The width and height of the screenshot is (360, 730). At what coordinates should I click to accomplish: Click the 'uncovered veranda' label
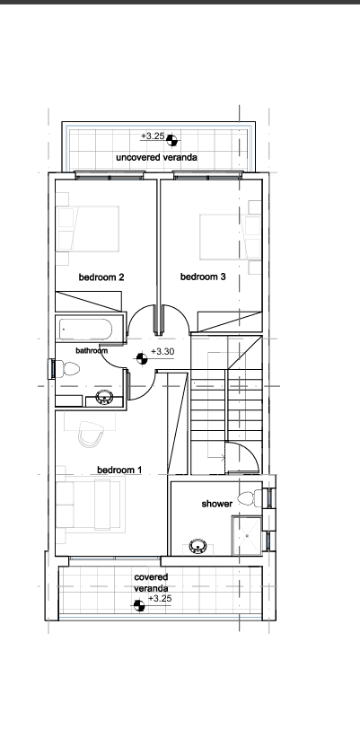click(156, 157)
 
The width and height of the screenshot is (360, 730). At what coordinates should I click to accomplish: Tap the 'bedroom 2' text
click(101, 277)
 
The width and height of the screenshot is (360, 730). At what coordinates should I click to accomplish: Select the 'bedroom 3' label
click(203, 277)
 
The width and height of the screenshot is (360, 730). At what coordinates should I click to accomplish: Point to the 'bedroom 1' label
click(119, 471)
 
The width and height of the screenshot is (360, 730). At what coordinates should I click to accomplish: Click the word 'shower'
click(217, 504)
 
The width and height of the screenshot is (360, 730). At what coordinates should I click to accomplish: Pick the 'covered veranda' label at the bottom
click(151, 583)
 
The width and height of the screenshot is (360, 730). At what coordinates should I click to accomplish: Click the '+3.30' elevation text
click(162, 351)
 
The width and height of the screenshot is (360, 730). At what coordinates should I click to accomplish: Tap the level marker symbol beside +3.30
click(142, 358)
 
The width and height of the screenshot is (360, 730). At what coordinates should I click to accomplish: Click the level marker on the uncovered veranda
click(171, 140)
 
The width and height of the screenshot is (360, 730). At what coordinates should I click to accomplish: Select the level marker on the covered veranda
click(139, 605)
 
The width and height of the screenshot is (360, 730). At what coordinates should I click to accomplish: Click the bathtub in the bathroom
click(85, 330)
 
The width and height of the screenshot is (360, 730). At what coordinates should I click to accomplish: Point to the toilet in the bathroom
click(68, 369)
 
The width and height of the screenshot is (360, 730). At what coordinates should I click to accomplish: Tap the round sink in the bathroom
click(104, 398)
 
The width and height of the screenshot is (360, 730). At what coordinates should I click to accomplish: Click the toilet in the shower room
click(250, 498)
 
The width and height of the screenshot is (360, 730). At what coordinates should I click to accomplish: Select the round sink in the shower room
click(198, 546)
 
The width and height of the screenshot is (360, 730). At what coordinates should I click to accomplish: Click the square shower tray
click(247, 536)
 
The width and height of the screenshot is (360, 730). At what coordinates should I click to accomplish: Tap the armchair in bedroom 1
click(90, 434)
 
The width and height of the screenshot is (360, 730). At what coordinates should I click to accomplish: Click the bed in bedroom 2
click(88, 230)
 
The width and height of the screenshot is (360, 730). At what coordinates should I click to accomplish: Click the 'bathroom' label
click(92, 350)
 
